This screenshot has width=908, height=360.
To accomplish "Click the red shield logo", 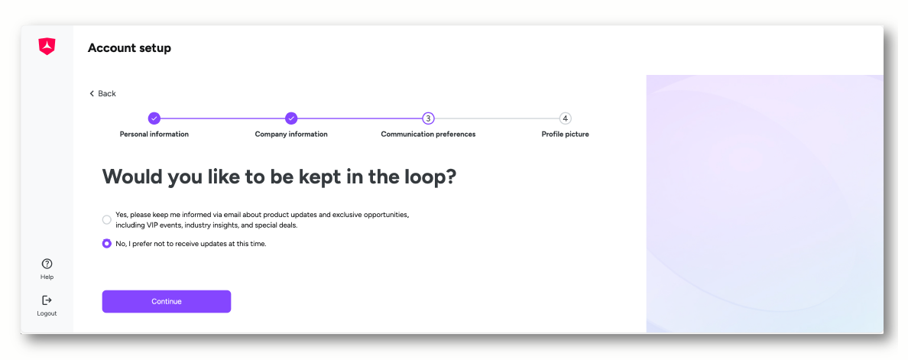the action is tap(47, 47).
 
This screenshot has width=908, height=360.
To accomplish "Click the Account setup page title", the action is tap(129, 48).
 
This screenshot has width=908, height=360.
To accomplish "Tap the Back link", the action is tap(102, 94).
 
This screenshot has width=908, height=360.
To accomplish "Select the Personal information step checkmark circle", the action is tap(154, 118).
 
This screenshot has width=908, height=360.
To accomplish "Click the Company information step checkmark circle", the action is tap(291, 118).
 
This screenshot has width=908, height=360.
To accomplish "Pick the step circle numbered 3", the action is tap(428, 118).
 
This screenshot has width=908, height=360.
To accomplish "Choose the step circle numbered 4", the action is tap(565, 118).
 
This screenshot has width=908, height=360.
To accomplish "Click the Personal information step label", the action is tap(154, 135).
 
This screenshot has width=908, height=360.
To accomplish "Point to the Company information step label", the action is tap(291, 135).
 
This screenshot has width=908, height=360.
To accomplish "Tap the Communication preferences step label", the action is tap(428, 135).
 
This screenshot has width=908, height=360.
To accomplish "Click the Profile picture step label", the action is tap(565, 135).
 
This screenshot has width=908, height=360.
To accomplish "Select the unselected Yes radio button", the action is tap(106, 220).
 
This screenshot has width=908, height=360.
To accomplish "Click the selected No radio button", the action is tap(106, 244).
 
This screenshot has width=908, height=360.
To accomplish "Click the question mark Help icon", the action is tap(47, 264).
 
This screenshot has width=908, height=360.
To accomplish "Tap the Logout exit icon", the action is tap(47, 300).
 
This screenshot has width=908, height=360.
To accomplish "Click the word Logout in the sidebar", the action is tap(47, 313).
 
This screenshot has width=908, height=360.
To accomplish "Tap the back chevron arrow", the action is tap(92, 94).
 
